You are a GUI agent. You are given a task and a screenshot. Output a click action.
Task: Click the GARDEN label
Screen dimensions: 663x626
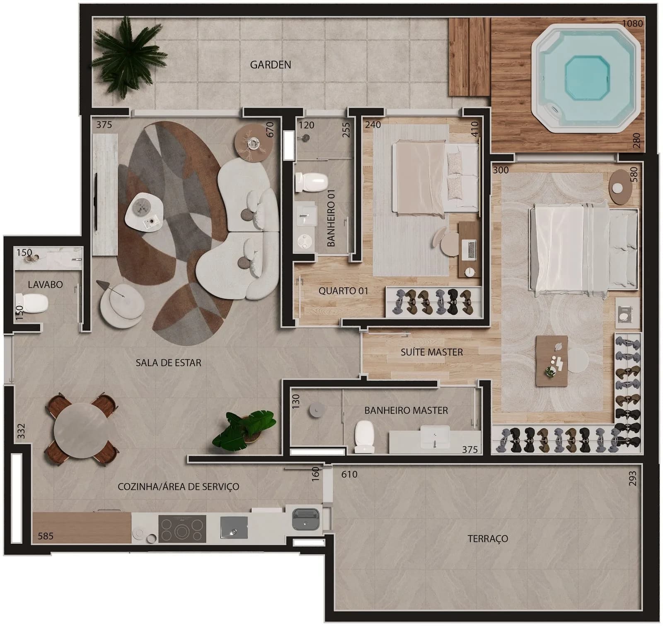tap(270, 65)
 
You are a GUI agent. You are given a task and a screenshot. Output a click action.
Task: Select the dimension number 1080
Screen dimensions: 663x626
tap(632, 24)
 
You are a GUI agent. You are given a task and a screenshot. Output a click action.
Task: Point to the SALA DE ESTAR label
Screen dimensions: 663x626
tap(168, 363)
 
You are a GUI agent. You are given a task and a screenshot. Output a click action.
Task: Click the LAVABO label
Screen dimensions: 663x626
tap(45, 284)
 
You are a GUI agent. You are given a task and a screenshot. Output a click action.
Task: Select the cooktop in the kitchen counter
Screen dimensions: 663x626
tap(182, 528)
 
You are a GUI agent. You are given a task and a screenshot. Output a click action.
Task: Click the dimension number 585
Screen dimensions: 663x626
tap(46, 536)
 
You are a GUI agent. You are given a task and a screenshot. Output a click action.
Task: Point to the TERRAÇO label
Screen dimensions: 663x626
tap(488, 539)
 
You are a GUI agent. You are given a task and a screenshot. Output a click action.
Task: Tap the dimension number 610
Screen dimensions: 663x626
tap(349, 474)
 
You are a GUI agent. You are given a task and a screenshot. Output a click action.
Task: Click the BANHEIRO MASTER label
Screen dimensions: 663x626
tap(406, 410)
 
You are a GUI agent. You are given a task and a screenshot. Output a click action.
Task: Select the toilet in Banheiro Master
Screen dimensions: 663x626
tap(365, 437)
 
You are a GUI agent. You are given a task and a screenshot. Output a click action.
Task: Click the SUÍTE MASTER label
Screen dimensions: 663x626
tap(431, 352)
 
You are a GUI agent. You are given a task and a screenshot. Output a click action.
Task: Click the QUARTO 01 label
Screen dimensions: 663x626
tap(343, 291)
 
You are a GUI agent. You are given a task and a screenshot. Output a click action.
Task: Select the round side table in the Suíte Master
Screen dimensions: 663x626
tap(620, 187)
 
